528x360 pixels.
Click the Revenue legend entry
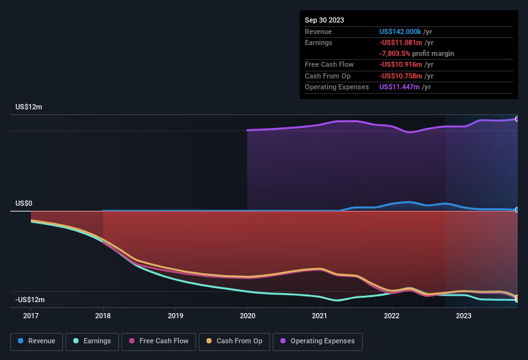point(37,341)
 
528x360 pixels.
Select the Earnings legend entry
point(93,341)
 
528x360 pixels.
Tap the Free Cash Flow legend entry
point(159,341)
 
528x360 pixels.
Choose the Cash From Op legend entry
point(233,341)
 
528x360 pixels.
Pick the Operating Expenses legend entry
point(317,341)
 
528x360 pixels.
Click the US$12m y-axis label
point(29,107)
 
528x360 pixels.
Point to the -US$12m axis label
point(30,300)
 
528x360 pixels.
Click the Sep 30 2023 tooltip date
point(324,20)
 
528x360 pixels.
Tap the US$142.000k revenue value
point(401,32)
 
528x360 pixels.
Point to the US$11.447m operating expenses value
point(400,87)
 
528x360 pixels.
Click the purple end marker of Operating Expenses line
point(517,119)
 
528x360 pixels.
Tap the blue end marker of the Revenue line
point(517,210)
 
